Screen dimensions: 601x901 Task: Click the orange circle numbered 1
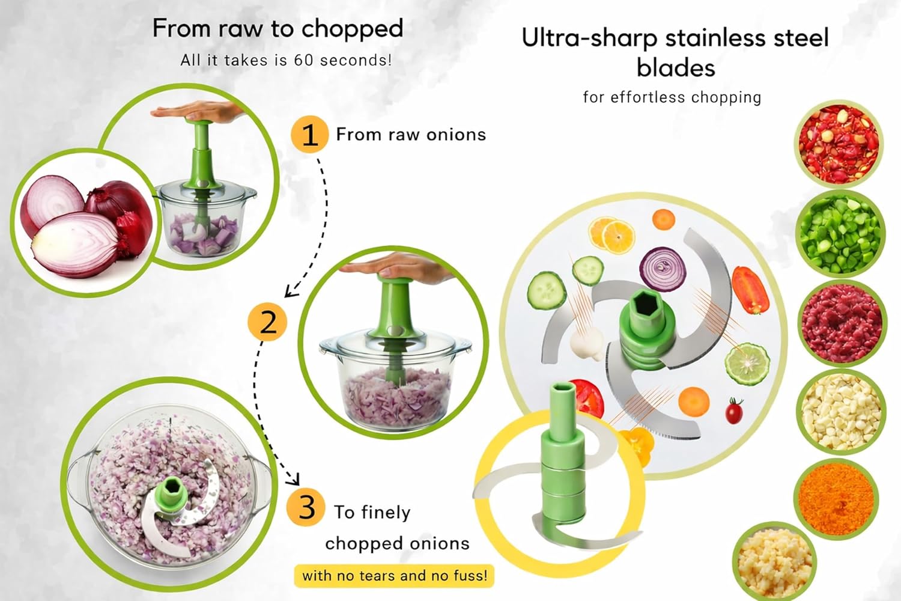tap(309, 135)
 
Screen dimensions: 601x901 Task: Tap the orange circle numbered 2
tap(267, 323)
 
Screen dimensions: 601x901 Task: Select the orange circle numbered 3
tap(306, 507)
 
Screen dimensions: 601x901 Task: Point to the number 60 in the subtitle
tap(305, 61)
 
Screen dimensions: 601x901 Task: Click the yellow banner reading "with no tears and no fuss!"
tap(394, 576)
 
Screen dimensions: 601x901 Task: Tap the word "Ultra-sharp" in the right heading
tap(589, 38)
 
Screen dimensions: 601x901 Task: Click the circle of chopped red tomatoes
tap(839, 144)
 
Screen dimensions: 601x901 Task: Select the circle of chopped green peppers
tap(840, 232)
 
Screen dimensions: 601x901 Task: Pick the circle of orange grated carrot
tap(837, 498)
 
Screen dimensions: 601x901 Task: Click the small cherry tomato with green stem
tap(734, 411)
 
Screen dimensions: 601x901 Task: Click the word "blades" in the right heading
tap(676, 68)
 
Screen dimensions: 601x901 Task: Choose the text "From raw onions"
tap(411, 135)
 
